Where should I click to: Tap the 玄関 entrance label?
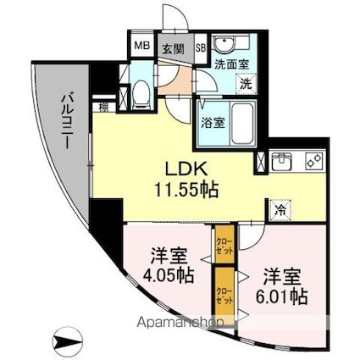(174, 48)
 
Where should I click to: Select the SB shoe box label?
(202, 47)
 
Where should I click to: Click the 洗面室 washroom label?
(230, 63)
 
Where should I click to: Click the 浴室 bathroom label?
(212, 122)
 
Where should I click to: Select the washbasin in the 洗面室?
(225, 45)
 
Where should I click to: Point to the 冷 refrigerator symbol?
(279, 212)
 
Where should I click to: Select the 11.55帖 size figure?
(188, 190)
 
